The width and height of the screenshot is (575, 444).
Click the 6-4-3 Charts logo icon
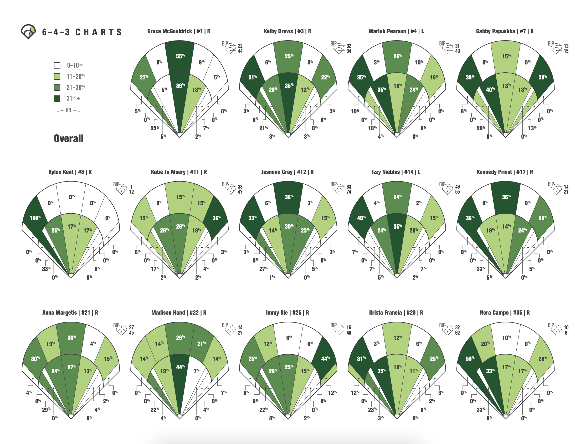click(x=28, y=32)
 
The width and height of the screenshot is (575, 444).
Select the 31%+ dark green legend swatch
click(x=57, y=98)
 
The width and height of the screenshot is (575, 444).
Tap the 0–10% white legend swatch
click(x=57, y=65)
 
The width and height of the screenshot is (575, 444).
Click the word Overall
click(x=68, y=138)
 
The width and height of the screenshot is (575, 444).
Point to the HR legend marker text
click(x=68, y=110)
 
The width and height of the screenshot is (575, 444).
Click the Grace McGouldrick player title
click(x=178, y=31)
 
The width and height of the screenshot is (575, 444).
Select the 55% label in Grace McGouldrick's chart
click(x=180, y=56)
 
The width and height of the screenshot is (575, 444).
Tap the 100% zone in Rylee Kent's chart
click(x=35, y=218)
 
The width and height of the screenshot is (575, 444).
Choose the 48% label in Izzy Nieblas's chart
click(x=361, y=218)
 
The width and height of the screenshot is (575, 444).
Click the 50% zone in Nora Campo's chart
click(x=470, y=359)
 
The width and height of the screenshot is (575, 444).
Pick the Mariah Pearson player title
click(x=396, y=31)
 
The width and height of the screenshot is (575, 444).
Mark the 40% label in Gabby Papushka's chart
click(x=490, y=90)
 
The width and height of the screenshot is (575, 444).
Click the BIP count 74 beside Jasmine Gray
click(x=349, y=192)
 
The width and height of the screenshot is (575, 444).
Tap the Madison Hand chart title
click(x=178, y=312)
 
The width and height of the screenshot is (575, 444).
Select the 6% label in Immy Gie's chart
click(x=289, y=337)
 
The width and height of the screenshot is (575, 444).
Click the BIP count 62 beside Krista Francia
click(x=458, y=332)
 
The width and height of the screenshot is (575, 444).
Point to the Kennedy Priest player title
click(x=505, y=172)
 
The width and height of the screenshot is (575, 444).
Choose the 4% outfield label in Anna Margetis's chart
click(x=93, y=344)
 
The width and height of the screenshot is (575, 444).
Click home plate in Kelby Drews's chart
click(x=288, y=135)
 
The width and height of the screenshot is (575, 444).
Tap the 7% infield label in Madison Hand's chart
click(x=196, y=371)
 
